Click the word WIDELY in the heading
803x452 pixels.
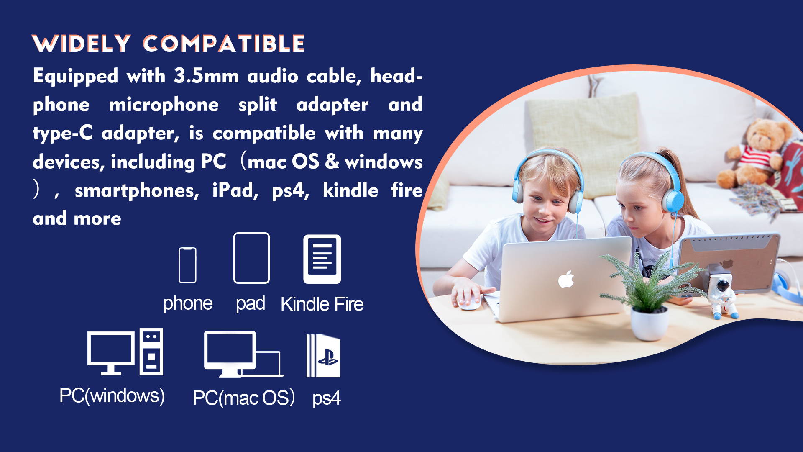click(82, 44)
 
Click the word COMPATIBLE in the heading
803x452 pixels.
click(224, 44)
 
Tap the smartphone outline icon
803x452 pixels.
click(187, 265)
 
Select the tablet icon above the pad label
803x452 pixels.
click(251, 258)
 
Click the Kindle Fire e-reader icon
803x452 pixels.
click(322, 259)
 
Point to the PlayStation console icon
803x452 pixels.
click(323, 356)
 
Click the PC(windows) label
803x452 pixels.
click(112, 395)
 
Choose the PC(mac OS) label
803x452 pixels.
click(244, 398)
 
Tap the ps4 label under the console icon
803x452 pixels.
click(327, 398)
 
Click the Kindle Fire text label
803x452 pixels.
click(322, 304)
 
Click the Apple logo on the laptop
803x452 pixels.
click(566, 279)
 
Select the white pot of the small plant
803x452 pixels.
click(649, 324)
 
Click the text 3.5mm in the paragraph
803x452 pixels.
click(206, 76)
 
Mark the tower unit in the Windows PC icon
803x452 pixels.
click(151, 352)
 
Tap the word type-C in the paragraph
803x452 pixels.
click(63, 134)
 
